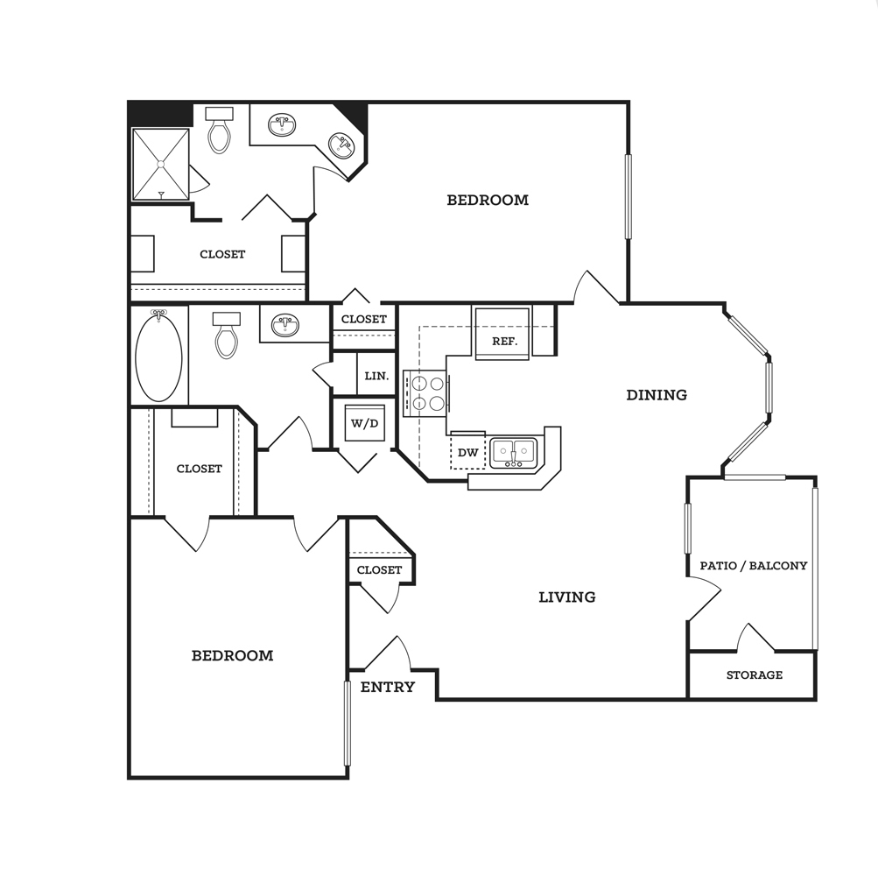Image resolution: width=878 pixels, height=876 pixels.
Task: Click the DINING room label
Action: click(657, 395)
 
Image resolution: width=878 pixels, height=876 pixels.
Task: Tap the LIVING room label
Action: click(566, 597)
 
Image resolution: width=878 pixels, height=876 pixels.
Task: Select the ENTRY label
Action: click(388, 687)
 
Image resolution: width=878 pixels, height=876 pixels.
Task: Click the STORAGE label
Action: click(755, 675)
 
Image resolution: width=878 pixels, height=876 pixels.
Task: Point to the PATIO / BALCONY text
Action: click(754, 566)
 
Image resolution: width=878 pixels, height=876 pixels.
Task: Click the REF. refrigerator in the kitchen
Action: click(502, 334)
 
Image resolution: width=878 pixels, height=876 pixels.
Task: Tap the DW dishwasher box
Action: click(467, 451)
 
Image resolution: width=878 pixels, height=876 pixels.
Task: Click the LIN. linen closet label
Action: click(376, 376)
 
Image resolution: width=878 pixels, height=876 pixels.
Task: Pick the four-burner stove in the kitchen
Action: click(426, 393)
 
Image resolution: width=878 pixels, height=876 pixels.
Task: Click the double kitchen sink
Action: click(514, 453)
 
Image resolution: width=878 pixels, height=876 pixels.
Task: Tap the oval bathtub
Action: click(159, 356)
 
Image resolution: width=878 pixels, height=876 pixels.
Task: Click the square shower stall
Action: click(161, 164)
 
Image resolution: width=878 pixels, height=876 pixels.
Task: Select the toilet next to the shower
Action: click(219, 130)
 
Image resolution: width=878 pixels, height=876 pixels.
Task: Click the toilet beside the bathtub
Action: click(227, 336)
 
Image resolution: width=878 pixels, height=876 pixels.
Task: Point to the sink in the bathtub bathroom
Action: click(285, 325)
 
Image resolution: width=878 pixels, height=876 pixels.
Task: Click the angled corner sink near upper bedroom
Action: click(341, 145)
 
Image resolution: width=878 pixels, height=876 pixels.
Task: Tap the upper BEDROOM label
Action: click(488, 200)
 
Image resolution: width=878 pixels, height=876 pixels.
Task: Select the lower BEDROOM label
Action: click(232, 656)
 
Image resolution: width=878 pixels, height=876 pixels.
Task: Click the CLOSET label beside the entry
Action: click(379, 570)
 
